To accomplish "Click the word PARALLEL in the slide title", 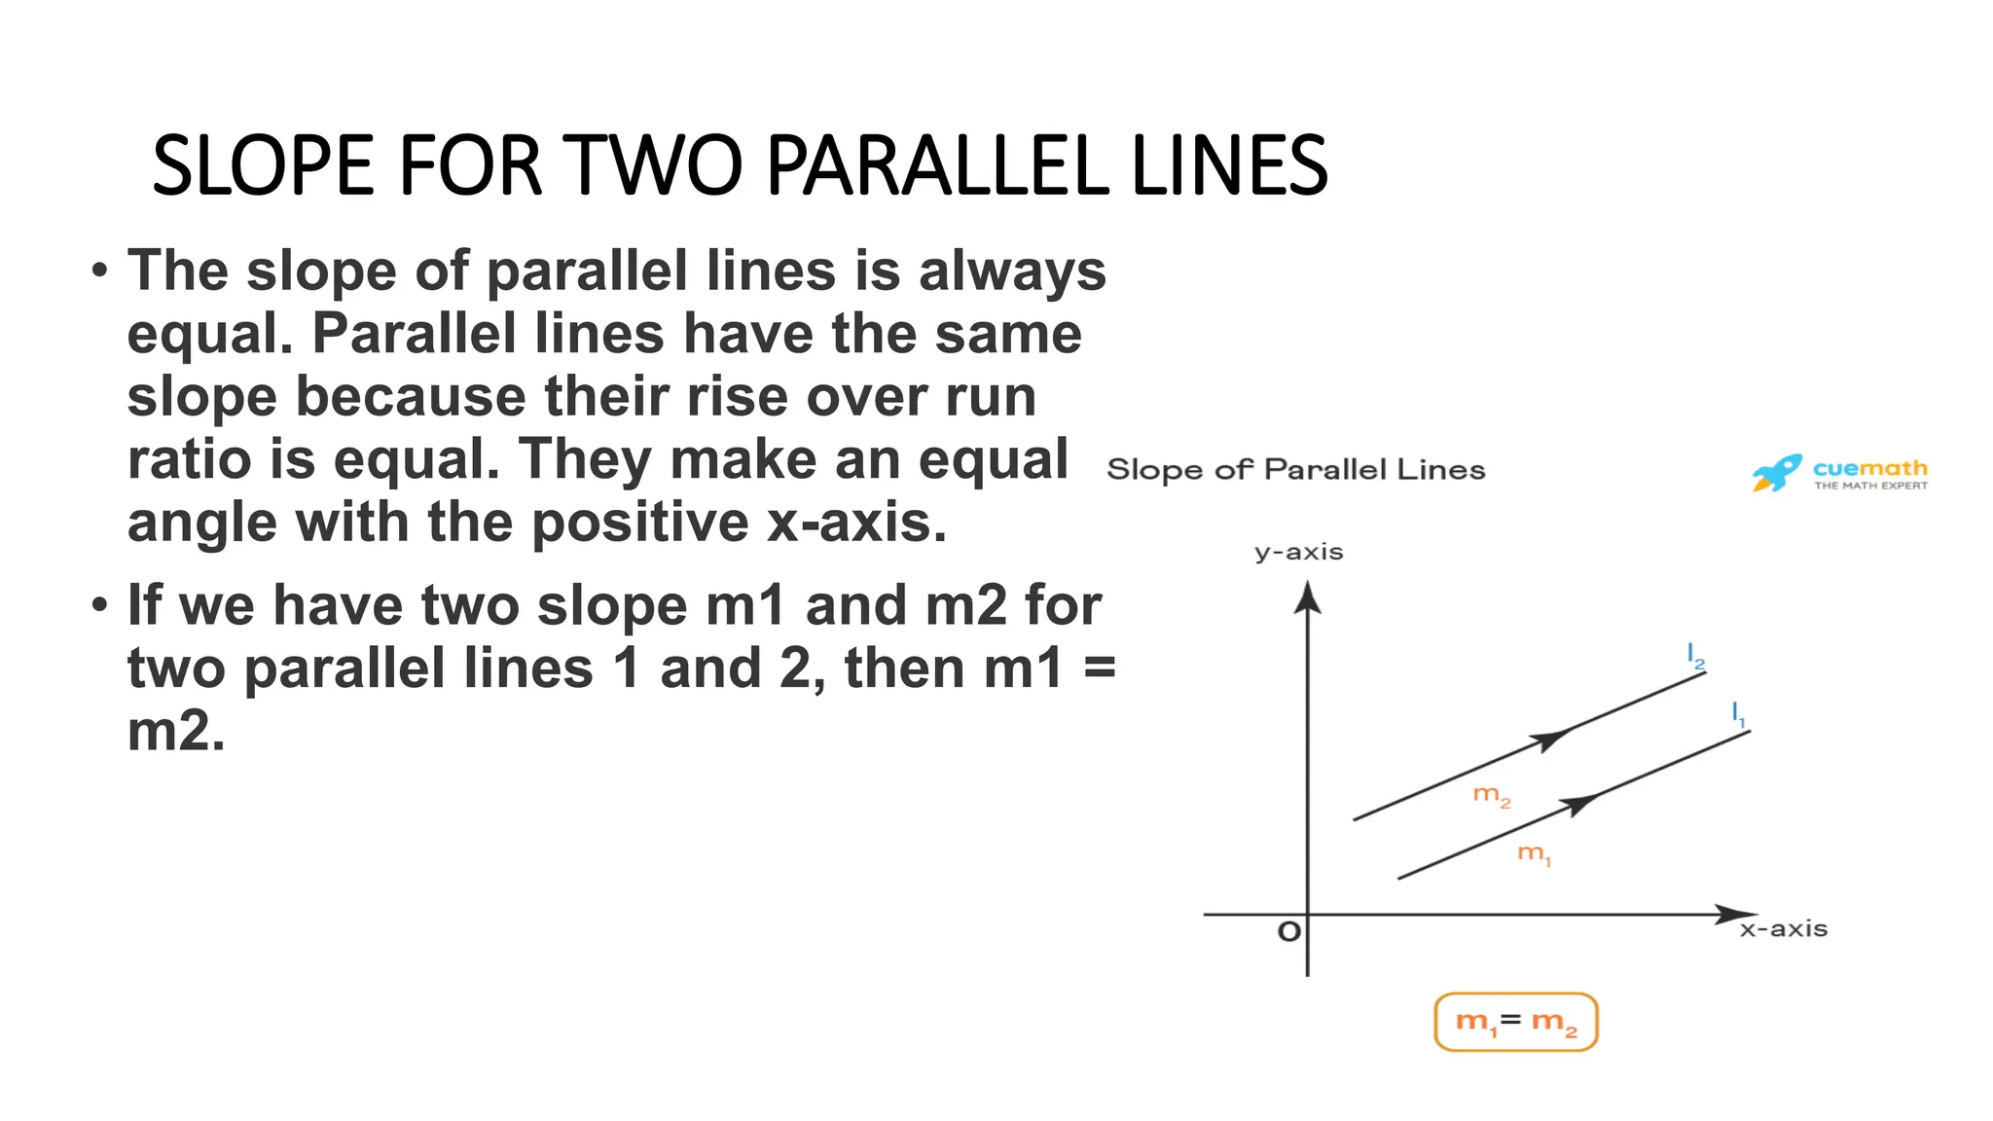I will pyautogui.click(x=937, y=165).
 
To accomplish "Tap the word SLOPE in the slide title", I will pyautogui.click(x=263, y=165).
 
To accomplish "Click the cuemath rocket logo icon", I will pyautogui.click(x=1776, y=473).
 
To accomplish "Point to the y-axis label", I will pyautogui.click(x=1298, y=553).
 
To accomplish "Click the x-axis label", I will pyautogui.click(x=1784, y=929).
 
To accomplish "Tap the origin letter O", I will pyautogui.click(x=1288, y=932).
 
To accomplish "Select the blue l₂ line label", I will pyautogui.click(x=1695, y=656).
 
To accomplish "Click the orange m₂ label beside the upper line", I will pyautogui.click(x=1491, y=796).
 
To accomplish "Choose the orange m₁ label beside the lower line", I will pyautogui.click(x=1534, y=854).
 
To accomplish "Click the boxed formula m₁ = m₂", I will pyautogui.click(x=1516, y=1022).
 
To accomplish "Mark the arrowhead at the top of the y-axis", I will pyautogui.click(x=1307, y=596).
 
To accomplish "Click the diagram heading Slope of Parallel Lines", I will pyautogui.click(x=1295, y=470).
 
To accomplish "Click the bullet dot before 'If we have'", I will pyautogui.click(x=99, y=605).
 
